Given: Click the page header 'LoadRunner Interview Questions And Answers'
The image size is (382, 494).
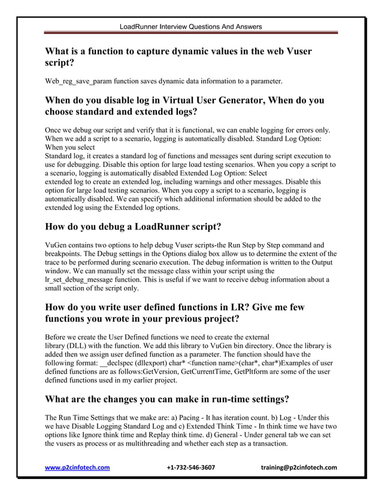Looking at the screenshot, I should pos(190,27).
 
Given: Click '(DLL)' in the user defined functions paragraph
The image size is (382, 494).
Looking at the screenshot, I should pos(78,346).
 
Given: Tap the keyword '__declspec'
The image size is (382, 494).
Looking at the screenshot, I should pos(122,363).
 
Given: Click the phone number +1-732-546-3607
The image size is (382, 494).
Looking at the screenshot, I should pos(190,467).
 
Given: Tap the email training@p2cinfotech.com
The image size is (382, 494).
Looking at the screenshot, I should pos(299,467).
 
